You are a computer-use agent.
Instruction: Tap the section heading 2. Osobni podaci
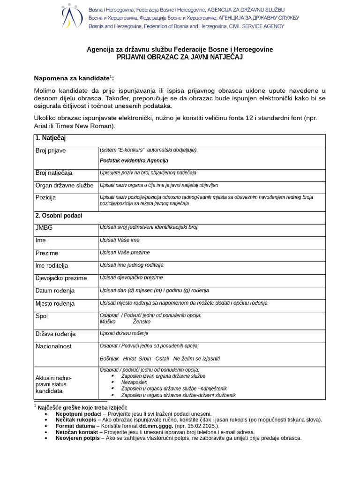[x=59, y=216]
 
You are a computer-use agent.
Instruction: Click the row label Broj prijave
[x=51, y=151]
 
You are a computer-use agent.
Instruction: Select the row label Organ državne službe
[x=64, y=185]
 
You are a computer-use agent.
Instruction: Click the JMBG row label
[x=45, y=228]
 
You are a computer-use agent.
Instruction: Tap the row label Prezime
[x=47, y=253]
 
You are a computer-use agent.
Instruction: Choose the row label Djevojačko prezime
[x=61, y=278]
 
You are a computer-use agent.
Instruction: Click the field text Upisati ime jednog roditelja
[x=132, y=265]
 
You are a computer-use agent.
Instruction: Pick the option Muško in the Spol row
[x=108, y=322]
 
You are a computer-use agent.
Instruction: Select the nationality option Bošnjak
[x=109, y=359]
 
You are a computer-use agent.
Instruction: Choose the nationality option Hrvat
[x=130, y=359]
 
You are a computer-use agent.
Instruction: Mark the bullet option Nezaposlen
[x=134, y=382]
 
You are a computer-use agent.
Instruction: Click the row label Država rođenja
[x=56, y=334]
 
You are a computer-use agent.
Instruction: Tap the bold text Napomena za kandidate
[x=72, y=78]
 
